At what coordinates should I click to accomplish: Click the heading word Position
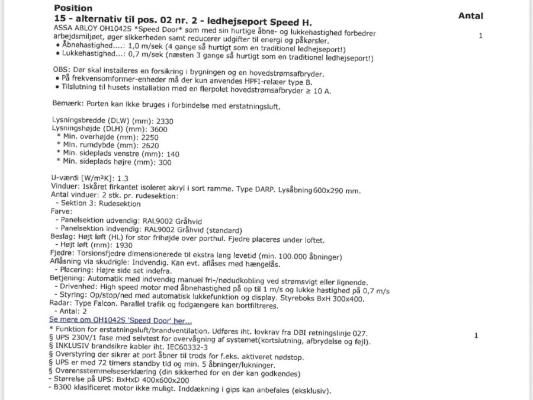(73, 8)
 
